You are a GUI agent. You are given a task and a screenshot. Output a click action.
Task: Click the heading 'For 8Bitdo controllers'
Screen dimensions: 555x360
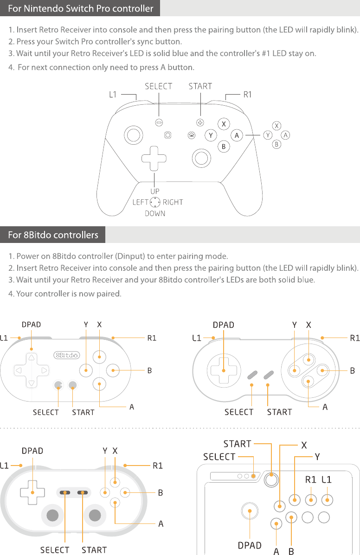pos(53,235)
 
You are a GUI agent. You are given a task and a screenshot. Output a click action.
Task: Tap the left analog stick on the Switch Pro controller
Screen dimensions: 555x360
pos(133,135)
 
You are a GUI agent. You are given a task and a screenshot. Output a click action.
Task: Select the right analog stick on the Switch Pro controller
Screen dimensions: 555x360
pos(201,158)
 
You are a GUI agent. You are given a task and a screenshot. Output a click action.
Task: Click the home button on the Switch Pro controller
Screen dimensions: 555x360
pos(191,135)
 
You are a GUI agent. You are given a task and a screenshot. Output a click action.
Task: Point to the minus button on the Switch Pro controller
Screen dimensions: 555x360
pos(159,122)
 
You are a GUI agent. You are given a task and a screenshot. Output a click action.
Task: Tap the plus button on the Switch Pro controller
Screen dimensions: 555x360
pos(200,123)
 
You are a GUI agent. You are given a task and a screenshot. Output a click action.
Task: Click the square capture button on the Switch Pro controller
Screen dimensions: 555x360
pos(167,135)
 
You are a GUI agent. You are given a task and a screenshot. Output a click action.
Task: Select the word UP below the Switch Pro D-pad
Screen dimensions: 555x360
pos(155,191)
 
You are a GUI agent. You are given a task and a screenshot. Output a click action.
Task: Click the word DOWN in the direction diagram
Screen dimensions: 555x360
pos(155,213)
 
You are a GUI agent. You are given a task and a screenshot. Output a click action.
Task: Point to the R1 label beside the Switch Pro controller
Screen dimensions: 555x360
pos(248,95)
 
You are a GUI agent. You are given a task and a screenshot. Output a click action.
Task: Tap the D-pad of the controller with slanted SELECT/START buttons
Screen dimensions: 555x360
pos(224,370)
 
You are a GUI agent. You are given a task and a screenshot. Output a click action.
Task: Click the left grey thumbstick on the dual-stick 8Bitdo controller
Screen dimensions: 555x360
pos(53,515)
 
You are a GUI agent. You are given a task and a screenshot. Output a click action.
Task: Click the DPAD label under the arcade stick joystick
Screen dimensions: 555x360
pos(250,545)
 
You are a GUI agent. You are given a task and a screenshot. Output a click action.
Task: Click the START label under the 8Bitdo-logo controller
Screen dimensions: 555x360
pos(83,412)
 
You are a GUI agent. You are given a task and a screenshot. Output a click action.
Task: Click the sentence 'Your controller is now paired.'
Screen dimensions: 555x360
pos(69,293)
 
